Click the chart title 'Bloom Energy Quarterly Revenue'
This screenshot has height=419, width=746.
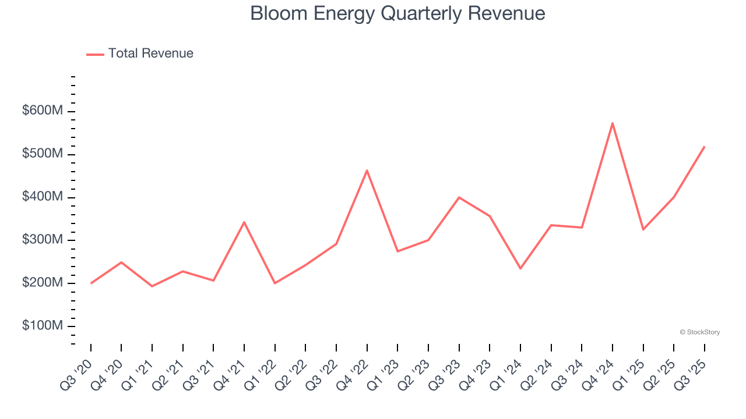coord(397,14)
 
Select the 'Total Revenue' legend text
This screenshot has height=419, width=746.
coord(150,54)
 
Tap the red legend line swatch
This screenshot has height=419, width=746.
coord(95,54)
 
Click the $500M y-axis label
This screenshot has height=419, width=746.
coord(42,154)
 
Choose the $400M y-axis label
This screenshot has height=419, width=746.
coord(42,197)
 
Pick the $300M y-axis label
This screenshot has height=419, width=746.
coord(42,240)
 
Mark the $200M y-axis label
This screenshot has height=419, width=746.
coord(42,283)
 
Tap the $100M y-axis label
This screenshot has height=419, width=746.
coord(42,326)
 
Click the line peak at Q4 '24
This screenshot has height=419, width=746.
coord(613,123)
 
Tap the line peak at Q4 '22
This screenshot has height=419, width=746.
coord(367,171)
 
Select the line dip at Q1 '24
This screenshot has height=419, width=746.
coord(520,268)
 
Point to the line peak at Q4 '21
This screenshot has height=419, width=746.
coord(244,222)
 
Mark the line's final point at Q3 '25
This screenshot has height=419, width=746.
coord(705,147)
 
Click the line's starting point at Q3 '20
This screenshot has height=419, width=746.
coord(91,283)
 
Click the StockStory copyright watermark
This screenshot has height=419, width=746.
coord(699,332)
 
